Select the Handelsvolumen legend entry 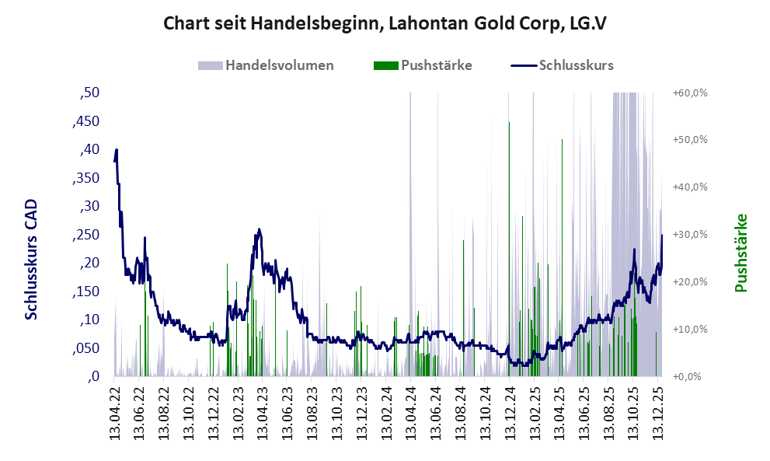pos(267,65)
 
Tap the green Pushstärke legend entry pos(423,65)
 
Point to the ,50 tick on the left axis pos(89,93)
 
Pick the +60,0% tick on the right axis pos(689,93)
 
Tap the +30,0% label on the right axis pos(689,235)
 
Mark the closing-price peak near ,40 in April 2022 pos(116,150)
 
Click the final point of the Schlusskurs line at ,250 pos(662,235)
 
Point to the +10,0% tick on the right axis pos(689,329)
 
